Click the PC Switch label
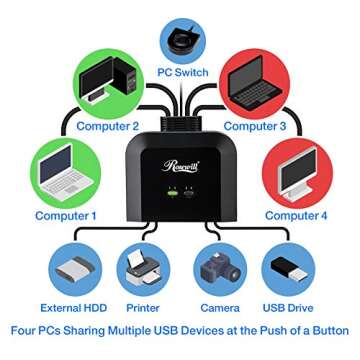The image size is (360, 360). [x=183, y=74]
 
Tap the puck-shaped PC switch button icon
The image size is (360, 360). [x=182, y=37]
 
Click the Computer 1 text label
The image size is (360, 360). [x=66, y=215]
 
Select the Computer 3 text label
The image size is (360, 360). [x=255, y=126]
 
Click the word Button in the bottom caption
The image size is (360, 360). [x=327, y=330]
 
